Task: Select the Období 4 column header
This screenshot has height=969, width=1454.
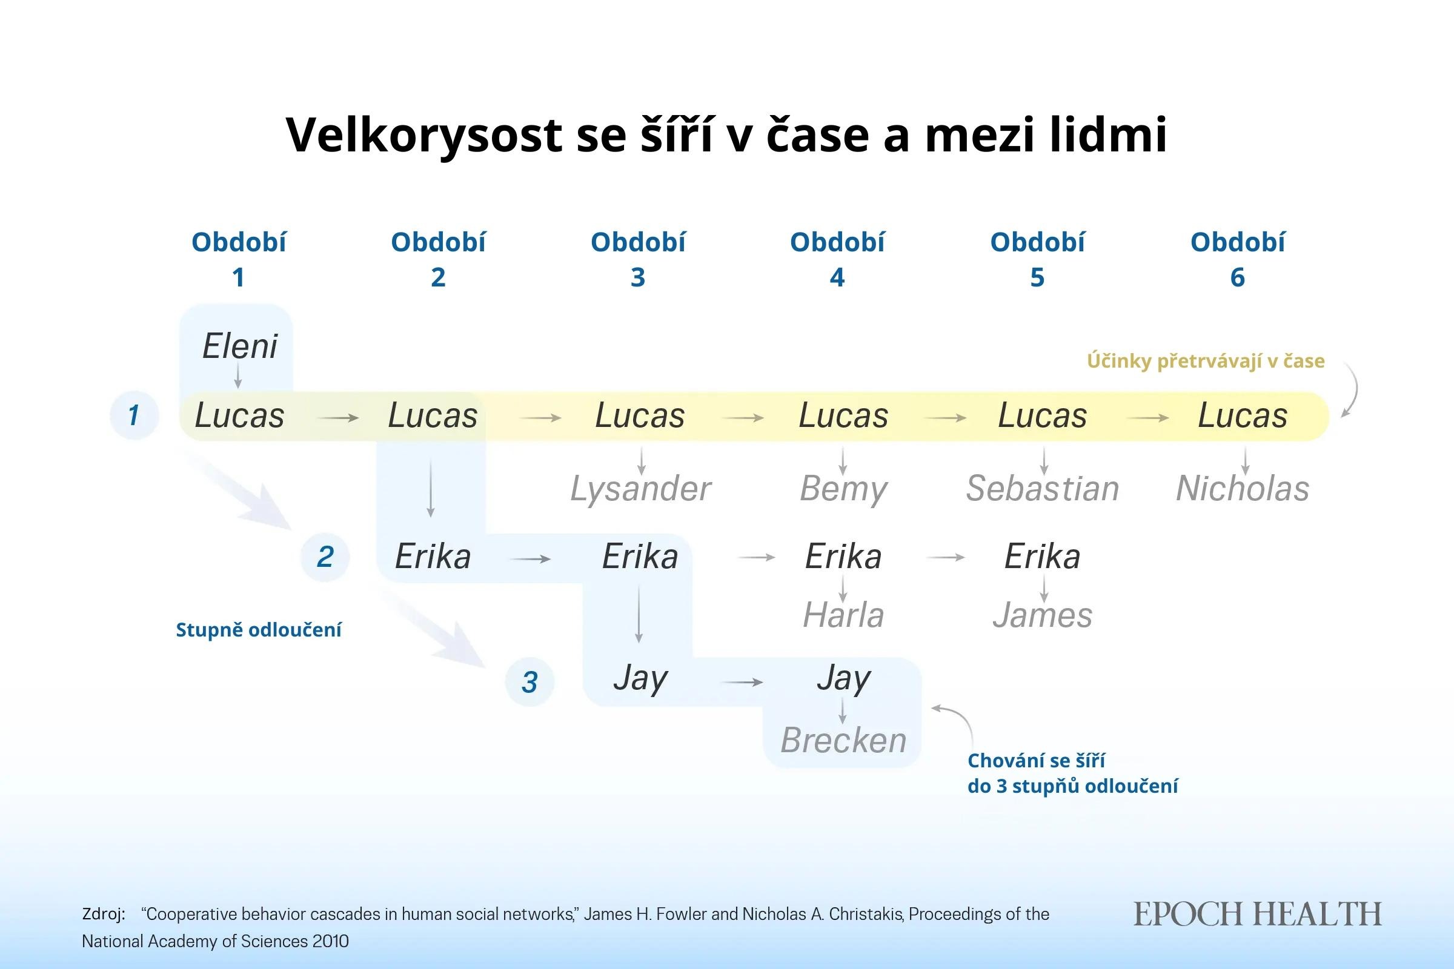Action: (x=837, y=259)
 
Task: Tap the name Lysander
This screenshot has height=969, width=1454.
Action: (x=640, y=489)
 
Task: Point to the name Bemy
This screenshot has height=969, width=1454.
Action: (x=843, y=489)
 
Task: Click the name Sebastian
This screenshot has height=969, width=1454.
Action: (x=1042, y=489)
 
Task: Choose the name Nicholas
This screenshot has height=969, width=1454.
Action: (x=1242, y=489)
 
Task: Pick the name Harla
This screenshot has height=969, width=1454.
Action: (x=843, y=615)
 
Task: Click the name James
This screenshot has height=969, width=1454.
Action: (x=1042, y=615)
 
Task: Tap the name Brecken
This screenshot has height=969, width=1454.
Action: (x=843, y=740)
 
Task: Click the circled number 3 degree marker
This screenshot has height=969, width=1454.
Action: (x=529, y=683)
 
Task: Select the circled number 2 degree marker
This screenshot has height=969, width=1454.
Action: (x=325, y=557)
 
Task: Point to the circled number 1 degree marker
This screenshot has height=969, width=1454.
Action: (x=133, y=415)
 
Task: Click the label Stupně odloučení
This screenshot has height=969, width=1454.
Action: (x=259, y=630)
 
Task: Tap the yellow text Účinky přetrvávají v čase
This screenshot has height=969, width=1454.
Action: (x=1206, y=361)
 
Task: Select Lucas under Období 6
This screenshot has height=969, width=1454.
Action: (x=1242, y=415)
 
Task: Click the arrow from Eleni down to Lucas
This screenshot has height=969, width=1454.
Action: (x=238, y=375)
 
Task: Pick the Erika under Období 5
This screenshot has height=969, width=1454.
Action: (x=1042, y=556)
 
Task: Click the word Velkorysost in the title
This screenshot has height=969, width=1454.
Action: (x=424, y=134)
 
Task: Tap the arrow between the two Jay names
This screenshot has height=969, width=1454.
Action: (x=743, y=683)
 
